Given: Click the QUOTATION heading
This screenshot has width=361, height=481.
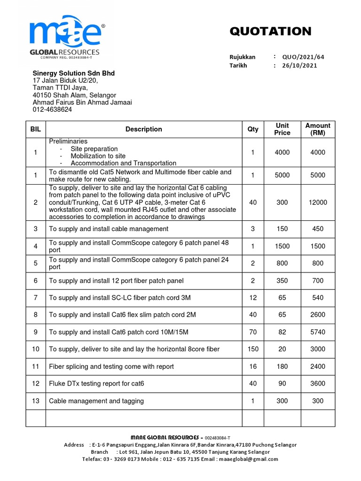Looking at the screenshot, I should (270, 31).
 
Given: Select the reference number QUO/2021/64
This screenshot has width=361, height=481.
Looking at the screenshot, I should (303, 57).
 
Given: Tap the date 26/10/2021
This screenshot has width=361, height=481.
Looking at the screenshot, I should (299, 65).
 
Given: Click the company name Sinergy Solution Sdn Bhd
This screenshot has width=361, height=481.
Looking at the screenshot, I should (73, 73).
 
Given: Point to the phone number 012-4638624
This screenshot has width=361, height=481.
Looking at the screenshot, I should (52, 109).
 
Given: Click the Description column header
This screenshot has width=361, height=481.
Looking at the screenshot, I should (144, 129).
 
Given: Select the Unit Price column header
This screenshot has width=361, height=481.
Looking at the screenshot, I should (282, 129).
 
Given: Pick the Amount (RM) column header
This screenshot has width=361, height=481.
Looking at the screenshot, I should (318, 129).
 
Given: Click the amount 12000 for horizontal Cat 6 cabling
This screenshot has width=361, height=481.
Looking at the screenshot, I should (318, 202).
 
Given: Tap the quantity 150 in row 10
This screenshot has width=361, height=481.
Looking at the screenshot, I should (253, 349).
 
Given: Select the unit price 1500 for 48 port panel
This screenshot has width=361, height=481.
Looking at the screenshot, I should (282, 246).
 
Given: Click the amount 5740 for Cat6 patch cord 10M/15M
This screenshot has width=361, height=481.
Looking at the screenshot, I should (318, 332).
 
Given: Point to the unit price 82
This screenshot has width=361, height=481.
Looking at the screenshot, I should (282, 332).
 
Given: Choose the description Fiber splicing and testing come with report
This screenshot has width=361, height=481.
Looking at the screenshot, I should (111, 366).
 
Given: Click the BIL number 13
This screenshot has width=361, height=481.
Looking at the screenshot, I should (36, 401).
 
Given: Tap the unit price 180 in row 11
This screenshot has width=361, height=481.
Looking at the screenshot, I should (282, 366).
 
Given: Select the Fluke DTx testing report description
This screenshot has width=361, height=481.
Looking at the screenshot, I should (96, 384).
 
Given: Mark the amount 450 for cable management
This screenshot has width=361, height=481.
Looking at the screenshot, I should (318, 229).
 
